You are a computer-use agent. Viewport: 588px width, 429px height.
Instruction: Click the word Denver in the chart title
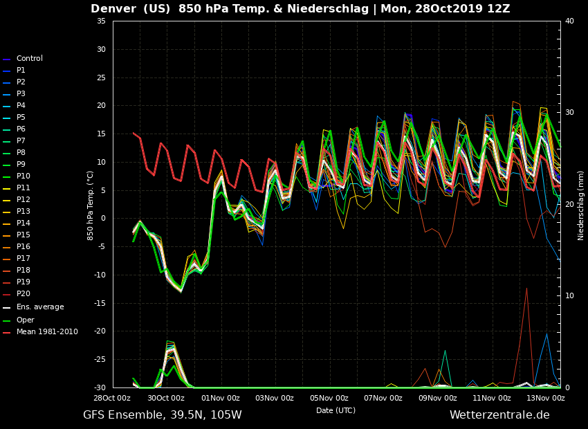[x=115, y=9]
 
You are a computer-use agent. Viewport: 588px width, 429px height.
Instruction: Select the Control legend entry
[x=29, y=59]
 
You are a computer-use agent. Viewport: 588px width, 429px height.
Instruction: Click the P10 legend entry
[x=24, y=176]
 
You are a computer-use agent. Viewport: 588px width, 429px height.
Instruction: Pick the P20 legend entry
[x=24, y=294]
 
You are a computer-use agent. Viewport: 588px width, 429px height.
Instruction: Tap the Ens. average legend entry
[x=39, y=307]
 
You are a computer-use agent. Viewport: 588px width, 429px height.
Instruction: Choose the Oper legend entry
[x=25, y=320]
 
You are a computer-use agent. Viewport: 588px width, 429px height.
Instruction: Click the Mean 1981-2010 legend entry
[x=47, y=332]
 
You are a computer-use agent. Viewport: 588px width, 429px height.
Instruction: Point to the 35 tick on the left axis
[x=101, y=21]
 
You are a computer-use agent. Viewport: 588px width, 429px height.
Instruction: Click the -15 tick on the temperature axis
[x=100, y=303]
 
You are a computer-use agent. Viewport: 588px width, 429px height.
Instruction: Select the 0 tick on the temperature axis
[x=103, y=219]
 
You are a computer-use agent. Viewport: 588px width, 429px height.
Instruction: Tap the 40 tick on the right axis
[x=569, y=21]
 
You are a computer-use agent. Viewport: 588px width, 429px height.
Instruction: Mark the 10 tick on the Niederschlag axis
[x=569, y=296]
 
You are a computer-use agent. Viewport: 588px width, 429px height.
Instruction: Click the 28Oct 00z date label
[x=112, y=398]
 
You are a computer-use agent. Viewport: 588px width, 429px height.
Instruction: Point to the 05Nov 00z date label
[x=329, y=398]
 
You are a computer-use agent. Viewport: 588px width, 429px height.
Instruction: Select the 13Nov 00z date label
[x=546, y=398]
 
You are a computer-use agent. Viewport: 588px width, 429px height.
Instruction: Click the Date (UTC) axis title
[x=336, y=411]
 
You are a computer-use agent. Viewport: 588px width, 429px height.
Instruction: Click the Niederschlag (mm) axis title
[x=581, y=206]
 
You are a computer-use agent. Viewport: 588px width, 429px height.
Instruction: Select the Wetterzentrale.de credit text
[x=499, y=415]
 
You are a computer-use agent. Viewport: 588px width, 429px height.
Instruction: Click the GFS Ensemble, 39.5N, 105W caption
[x=163, y=415]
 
